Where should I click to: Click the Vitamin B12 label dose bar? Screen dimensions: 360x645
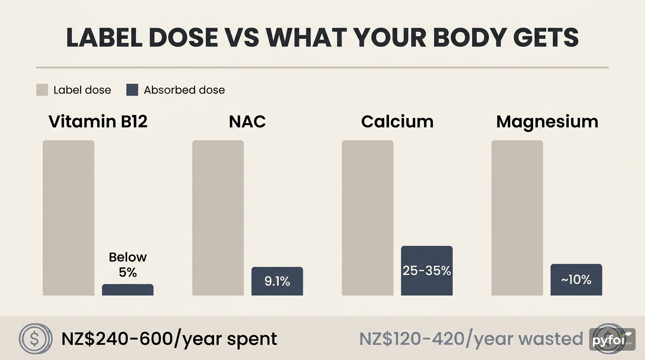(68, 218)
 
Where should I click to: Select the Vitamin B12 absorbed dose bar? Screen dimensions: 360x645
(127, 290)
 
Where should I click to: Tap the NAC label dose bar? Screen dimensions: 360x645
(218, 218)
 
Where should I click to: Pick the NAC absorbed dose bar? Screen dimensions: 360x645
(277, 281)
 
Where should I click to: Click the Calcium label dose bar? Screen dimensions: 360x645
(367, 218)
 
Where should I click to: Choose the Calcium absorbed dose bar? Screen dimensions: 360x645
(427, 270)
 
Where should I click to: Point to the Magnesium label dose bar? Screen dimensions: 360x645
(517, 218)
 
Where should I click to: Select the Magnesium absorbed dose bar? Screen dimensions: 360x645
(576, 280)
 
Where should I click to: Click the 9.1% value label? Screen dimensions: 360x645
(277, 282)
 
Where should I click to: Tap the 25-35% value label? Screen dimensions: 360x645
(427, 270)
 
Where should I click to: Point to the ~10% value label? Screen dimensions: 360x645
(576, 280)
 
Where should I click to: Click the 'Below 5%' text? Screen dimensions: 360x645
(127, 264)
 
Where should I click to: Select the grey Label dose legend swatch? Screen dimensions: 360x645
(42, 90)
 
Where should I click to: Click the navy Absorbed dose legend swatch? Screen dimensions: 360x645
(132, 90)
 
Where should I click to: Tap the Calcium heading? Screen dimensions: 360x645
(397, 122)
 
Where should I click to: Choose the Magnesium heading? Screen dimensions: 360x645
(547, 122)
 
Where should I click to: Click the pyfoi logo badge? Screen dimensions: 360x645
(612, 340)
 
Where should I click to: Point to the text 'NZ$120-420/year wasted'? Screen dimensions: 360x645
(471, 338)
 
